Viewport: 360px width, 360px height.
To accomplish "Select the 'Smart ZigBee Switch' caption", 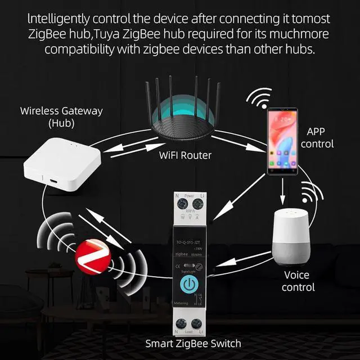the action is click(193, 343).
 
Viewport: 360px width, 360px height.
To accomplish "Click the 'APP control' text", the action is click(320, 138).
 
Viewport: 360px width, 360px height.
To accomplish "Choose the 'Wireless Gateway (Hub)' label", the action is click(61, 116).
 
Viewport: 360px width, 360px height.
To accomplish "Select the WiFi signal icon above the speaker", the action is click(307, 193).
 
